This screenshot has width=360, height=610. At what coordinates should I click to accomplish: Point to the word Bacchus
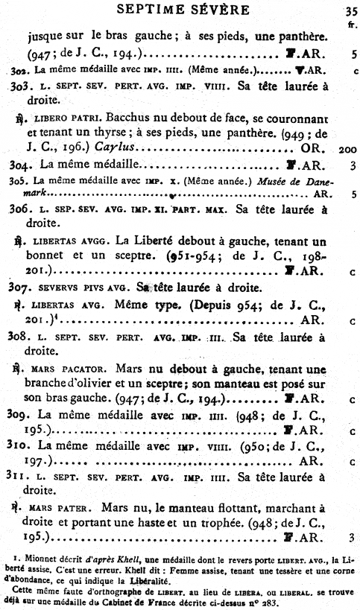point(127,119)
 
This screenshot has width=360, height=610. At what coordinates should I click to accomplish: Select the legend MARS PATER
point(61,510)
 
